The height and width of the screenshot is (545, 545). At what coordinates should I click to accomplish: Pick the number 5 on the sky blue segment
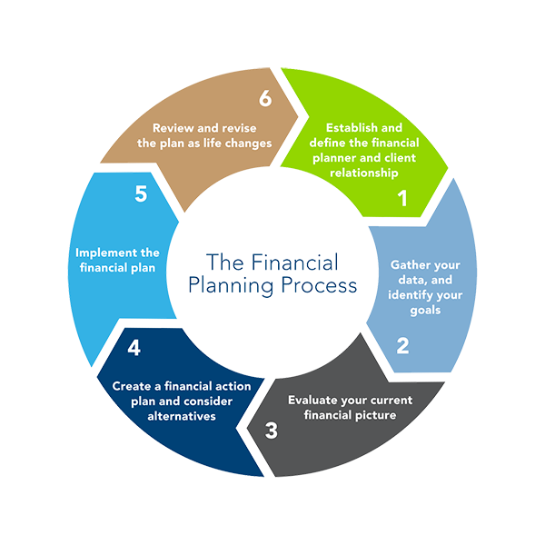[x=141, y=195]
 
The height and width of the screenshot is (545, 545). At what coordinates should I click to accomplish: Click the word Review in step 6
[x=173, y=128]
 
